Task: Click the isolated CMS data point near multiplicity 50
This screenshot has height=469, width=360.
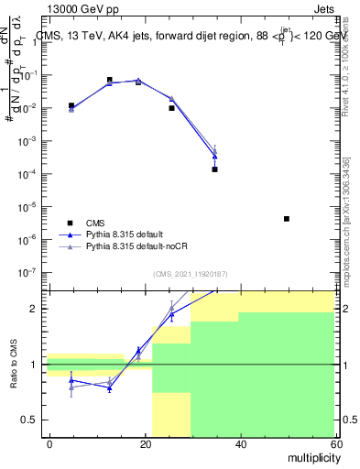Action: coord(287,219)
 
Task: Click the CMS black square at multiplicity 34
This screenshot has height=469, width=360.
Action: coord(214,169)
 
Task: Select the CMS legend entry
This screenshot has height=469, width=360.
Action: coord(95,222)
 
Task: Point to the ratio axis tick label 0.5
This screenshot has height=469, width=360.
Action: coord(35,420)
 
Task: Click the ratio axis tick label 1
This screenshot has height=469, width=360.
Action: coord(39,365)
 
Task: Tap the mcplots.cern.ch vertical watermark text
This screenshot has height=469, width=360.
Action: coord(346,220)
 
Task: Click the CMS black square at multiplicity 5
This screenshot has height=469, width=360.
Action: coord(71,106)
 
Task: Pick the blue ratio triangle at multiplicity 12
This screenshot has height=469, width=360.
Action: coord(109,388)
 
